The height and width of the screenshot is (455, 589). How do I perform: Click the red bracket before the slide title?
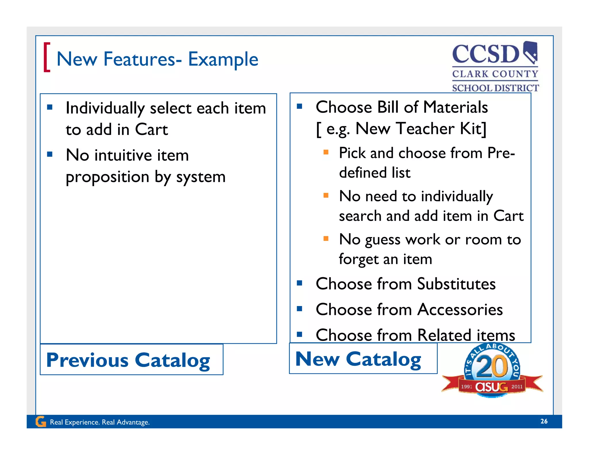47,57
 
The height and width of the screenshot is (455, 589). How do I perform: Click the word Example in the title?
223,59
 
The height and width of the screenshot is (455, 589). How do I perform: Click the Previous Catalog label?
128,360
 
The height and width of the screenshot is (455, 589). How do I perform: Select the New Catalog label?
358,359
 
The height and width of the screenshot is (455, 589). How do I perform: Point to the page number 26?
544,421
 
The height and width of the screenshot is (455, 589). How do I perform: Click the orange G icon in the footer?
41,422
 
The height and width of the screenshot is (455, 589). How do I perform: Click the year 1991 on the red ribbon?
466,387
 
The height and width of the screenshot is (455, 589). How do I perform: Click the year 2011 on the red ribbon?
517,387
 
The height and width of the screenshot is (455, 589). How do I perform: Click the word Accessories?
460,310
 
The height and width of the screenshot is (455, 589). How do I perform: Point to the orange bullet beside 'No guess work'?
326,238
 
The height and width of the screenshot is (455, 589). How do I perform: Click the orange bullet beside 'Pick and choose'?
326,152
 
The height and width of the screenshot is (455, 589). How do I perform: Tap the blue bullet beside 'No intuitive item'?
50,154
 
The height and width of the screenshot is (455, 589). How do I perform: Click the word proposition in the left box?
107,177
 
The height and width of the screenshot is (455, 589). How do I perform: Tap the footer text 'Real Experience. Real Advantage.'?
100,422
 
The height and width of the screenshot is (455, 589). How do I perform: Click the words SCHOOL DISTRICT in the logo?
495,88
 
